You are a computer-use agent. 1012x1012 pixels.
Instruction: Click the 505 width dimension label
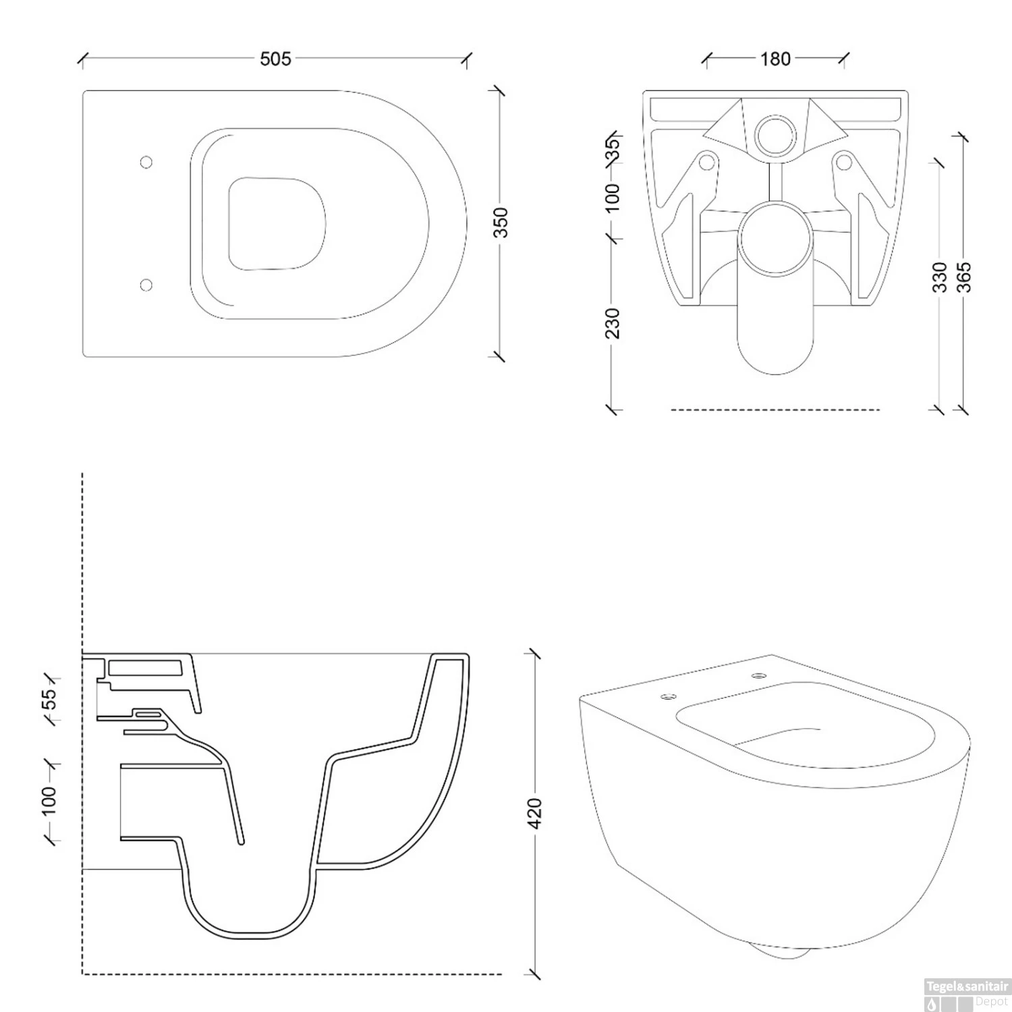276,59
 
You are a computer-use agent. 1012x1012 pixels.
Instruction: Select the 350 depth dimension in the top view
501,223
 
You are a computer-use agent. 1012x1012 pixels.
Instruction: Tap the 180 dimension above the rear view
776,59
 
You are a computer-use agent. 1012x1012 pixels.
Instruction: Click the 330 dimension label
940,277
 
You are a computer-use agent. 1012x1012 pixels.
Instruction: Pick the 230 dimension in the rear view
612,323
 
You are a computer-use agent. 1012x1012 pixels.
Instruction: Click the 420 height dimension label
534,814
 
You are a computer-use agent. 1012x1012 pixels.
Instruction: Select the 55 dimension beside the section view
50,699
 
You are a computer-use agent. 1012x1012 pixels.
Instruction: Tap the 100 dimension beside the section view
50,802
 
